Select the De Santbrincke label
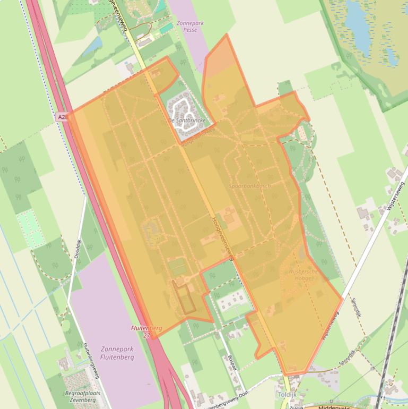(187, 121)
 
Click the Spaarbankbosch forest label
(249, 186)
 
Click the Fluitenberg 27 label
(146, 332)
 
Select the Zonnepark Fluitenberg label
(117, 353)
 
